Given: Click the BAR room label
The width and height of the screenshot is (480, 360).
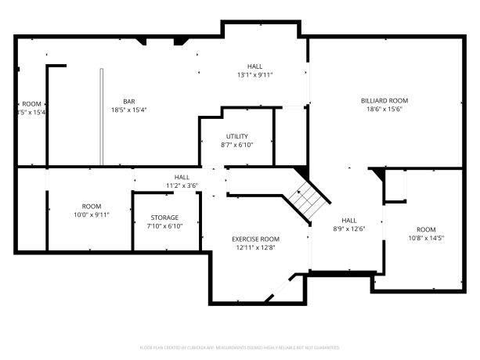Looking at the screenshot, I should pyautogui.click(x=129, y=101).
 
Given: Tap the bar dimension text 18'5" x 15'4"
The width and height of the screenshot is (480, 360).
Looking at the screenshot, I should pyautogui.click(x=129, y=110).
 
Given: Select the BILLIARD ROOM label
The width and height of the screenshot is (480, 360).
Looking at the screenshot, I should pyautogui.click(x=384, y=100).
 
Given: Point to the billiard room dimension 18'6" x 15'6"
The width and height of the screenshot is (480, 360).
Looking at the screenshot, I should pyautogui.click(x=384, y=110).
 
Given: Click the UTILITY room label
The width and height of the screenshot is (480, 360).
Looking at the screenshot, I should pyautogui.click(x=237, y=136).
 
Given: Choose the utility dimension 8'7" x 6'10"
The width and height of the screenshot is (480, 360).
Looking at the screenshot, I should pyautogui.click(x=237, y=145).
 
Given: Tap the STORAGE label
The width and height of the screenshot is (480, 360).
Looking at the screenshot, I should pyautogui.click(x=164, y=218).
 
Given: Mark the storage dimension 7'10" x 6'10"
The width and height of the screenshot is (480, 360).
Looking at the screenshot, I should pyautogui.click(x=164, y=226).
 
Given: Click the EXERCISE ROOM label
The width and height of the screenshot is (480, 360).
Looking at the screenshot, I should pyautogui.click(x=255, y=239).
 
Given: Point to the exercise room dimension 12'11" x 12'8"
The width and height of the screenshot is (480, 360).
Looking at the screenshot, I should pyautogui.click(x=255, y=247).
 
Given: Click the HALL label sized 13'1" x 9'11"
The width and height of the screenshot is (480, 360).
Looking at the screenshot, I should pyautogui.click(x=255, y=67).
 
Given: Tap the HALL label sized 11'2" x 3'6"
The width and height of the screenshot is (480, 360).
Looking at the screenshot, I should pyautogui.click(x=182, y=177).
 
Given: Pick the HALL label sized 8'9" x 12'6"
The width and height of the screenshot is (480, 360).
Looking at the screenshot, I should pyautogui.click(x=349, y=220).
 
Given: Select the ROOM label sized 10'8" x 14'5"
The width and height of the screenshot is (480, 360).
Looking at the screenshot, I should pyautogui.click(x=428, y=229).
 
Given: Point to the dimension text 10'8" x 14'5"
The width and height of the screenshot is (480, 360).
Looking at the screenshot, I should pyautogui.click(x=428, y=238).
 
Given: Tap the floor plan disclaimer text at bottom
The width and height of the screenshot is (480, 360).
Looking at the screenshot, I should pyautogui.click(x=240, y=346).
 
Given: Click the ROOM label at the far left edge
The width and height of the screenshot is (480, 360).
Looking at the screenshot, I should pyautogui.click(x=31, y=104).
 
